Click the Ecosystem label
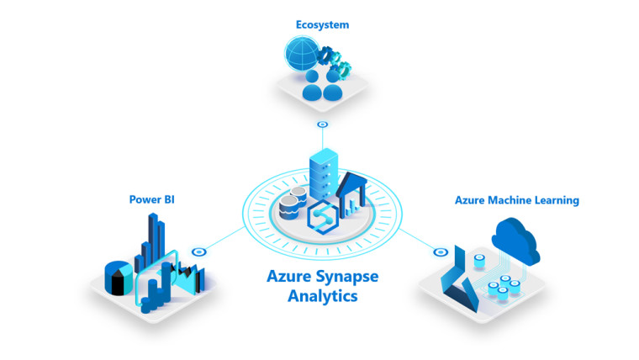[x=322, y=25]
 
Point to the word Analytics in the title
[x=322, y=296]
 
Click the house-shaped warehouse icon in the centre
[x=351, y=193]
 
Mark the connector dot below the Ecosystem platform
[x=322, y=124]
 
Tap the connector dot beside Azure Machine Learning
[x=438, y=251]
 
